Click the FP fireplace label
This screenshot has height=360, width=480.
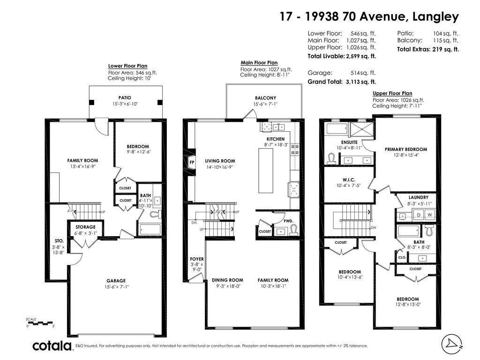pyautogui.click(x=192, y=162)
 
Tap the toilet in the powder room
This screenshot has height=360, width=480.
pyautogui.click(x=294, y=230)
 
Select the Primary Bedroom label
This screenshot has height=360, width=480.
pyautogui.click(x=406, y=150)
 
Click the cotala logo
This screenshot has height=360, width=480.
pyautogui.click(x=52, y=346)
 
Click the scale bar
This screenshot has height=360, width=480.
pyautogui.click(x=40, y=323)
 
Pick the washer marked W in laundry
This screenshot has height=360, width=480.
pyautogui.click(x=429, y=215)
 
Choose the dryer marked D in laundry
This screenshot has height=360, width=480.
pyautogui.click(x=419, y=215)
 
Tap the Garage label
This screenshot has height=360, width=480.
pyautogui.click(x=116, y=281)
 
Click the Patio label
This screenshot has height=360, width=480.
pyautogui.click(x=125, y=97)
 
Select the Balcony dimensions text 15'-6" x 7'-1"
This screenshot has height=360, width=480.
pyautogui.click(x=265, y=104)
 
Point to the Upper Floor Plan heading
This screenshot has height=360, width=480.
pyautogui.click(x=392, y=93)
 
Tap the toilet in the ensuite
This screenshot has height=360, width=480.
pyautogui.click(x=331, y=158)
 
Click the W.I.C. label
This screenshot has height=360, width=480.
pyautogui.click(x=349, y=180)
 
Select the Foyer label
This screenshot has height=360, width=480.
pyautogui.click(x=197, y=259)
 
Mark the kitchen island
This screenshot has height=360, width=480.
pyautogui.click(x=266, y=170)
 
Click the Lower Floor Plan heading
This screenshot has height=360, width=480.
pyautogui.click(x=127, y=66)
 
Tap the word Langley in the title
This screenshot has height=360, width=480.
pyautogui.click(x=435, y=16)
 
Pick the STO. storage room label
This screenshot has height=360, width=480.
pyautogui.click(x=60, y=241)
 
